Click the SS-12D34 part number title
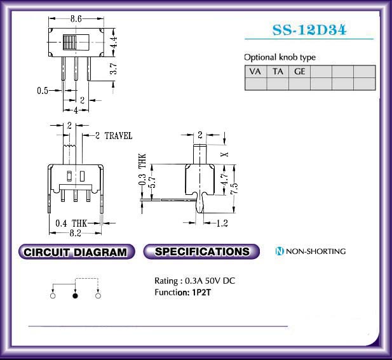(x=309, y=30)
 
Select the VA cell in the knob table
(x=255, y=72)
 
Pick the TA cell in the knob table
(x=278, y=72)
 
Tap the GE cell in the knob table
(x=299, y=72)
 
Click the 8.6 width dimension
(x=76, y=19)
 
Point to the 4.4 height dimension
(x=113, y=43)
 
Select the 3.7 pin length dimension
(x=113, y=69)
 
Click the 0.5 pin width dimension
(x=43, y=90)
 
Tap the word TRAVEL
(x=118, y=136)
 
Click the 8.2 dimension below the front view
(x=75, y=233)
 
